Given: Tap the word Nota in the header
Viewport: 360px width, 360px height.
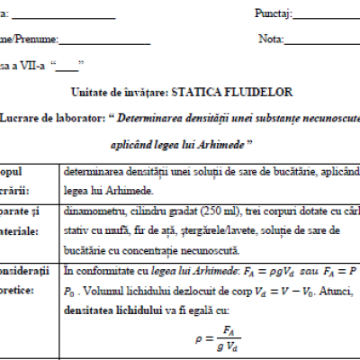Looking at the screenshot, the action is [x=270, y=40].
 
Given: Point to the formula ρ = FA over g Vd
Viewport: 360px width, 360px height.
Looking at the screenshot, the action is [x=203, y=336].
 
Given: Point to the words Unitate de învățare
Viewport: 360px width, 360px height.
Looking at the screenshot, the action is [x=109, y=92].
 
